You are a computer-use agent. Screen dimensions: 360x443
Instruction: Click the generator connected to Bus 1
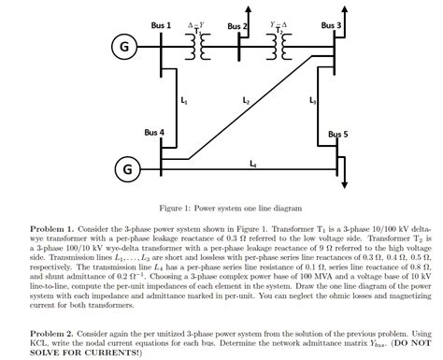121,47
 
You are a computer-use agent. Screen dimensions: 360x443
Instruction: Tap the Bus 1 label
161,23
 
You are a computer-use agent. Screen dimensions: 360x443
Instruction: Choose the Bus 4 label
154,133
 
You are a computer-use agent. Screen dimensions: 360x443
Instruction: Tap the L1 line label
183,98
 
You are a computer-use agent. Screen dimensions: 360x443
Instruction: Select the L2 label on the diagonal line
246,98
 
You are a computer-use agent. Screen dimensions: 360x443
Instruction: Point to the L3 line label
313,98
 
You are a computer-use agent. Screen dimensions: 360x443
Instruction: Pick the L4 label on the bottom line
253,165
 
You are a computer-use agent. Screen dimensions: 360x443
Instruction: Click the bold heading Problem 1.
53,227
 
